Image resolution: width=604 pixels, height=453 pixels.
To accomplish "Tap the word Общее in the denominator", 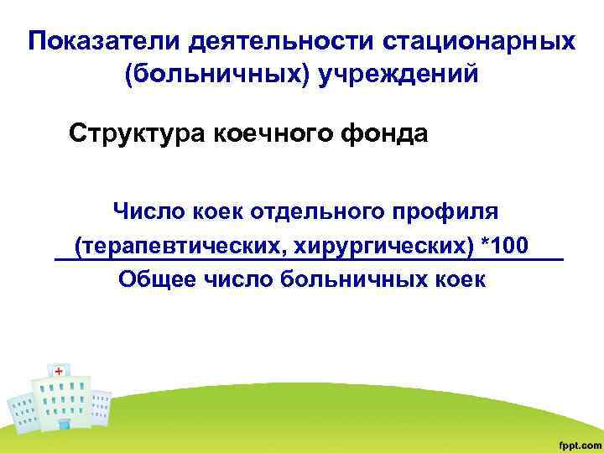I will [x=154, y=279].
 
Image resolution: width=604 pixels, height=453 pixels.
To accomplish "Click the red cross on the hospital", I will [x=58, y=370].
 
